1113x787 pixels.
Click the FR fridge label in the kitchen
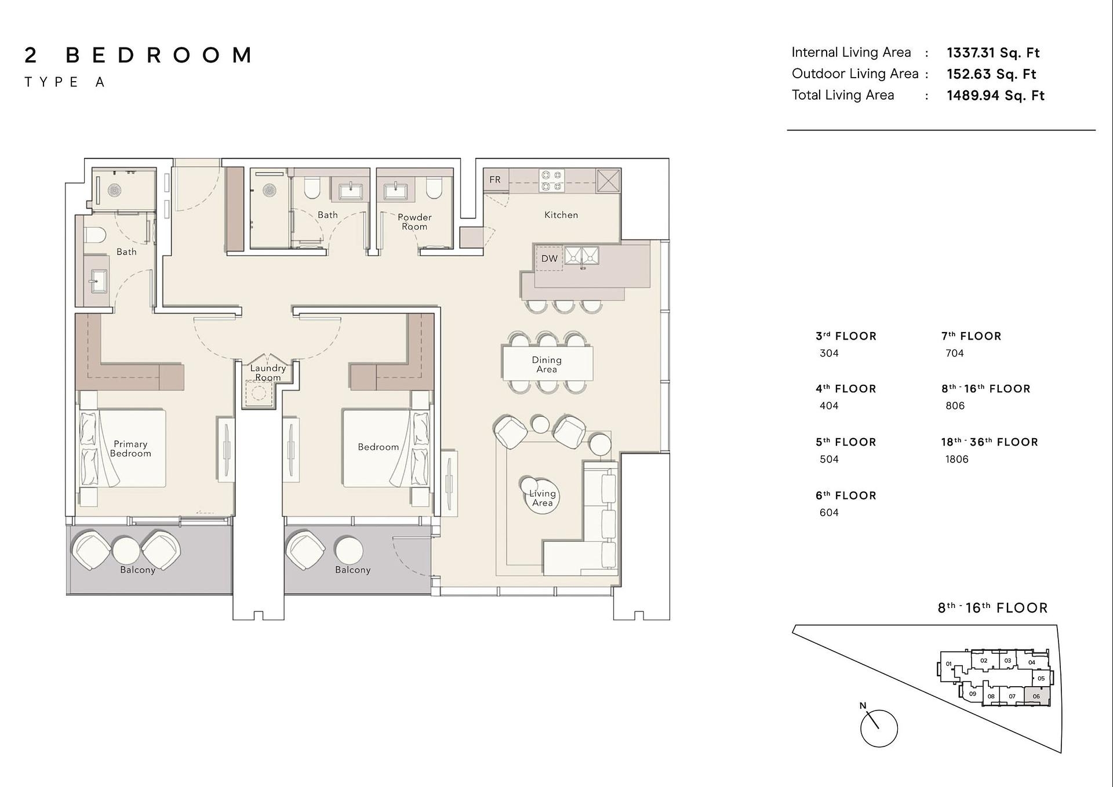pos(495,180)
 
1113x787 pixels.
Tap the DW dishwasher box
pos(549,258)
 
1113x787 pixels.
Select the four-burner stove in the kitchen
pos(552,180)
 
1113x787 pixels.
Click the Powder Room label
pos(414,221)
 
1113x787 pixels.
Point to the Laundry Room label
pos(268,373)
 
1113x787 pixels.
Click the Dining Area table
pos(548,363)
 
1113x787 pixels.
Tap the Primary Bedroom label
pos(130,449)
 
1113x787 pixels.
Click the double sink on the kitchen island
pos(582,256)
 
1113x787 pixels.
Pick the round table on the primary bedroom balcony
pos(126,549)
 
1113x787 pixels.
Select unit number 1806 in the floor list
pos(956,459)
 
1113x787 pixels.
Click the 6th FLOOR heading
pos(846,495)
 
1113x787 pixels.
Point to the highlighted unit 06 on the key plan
pos(1036,695)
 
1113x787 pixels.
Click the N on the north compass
pos(863,705)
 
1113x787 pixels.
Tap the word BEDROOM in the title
pos(159,55)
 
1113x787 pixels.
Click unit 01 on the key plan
pos(948,664)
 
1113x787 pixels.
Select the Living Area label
pos(543,498)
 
